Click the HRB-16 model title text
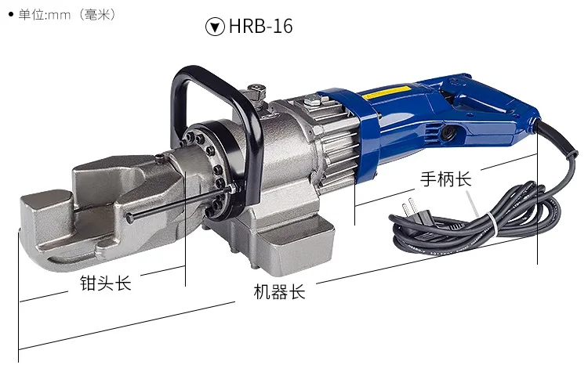260,26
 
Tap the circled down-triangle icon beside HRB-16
215,27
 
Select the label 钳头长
105,283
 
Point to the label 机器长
279,292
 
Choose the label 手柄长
445,179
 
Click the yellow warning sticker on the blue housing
387,92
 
